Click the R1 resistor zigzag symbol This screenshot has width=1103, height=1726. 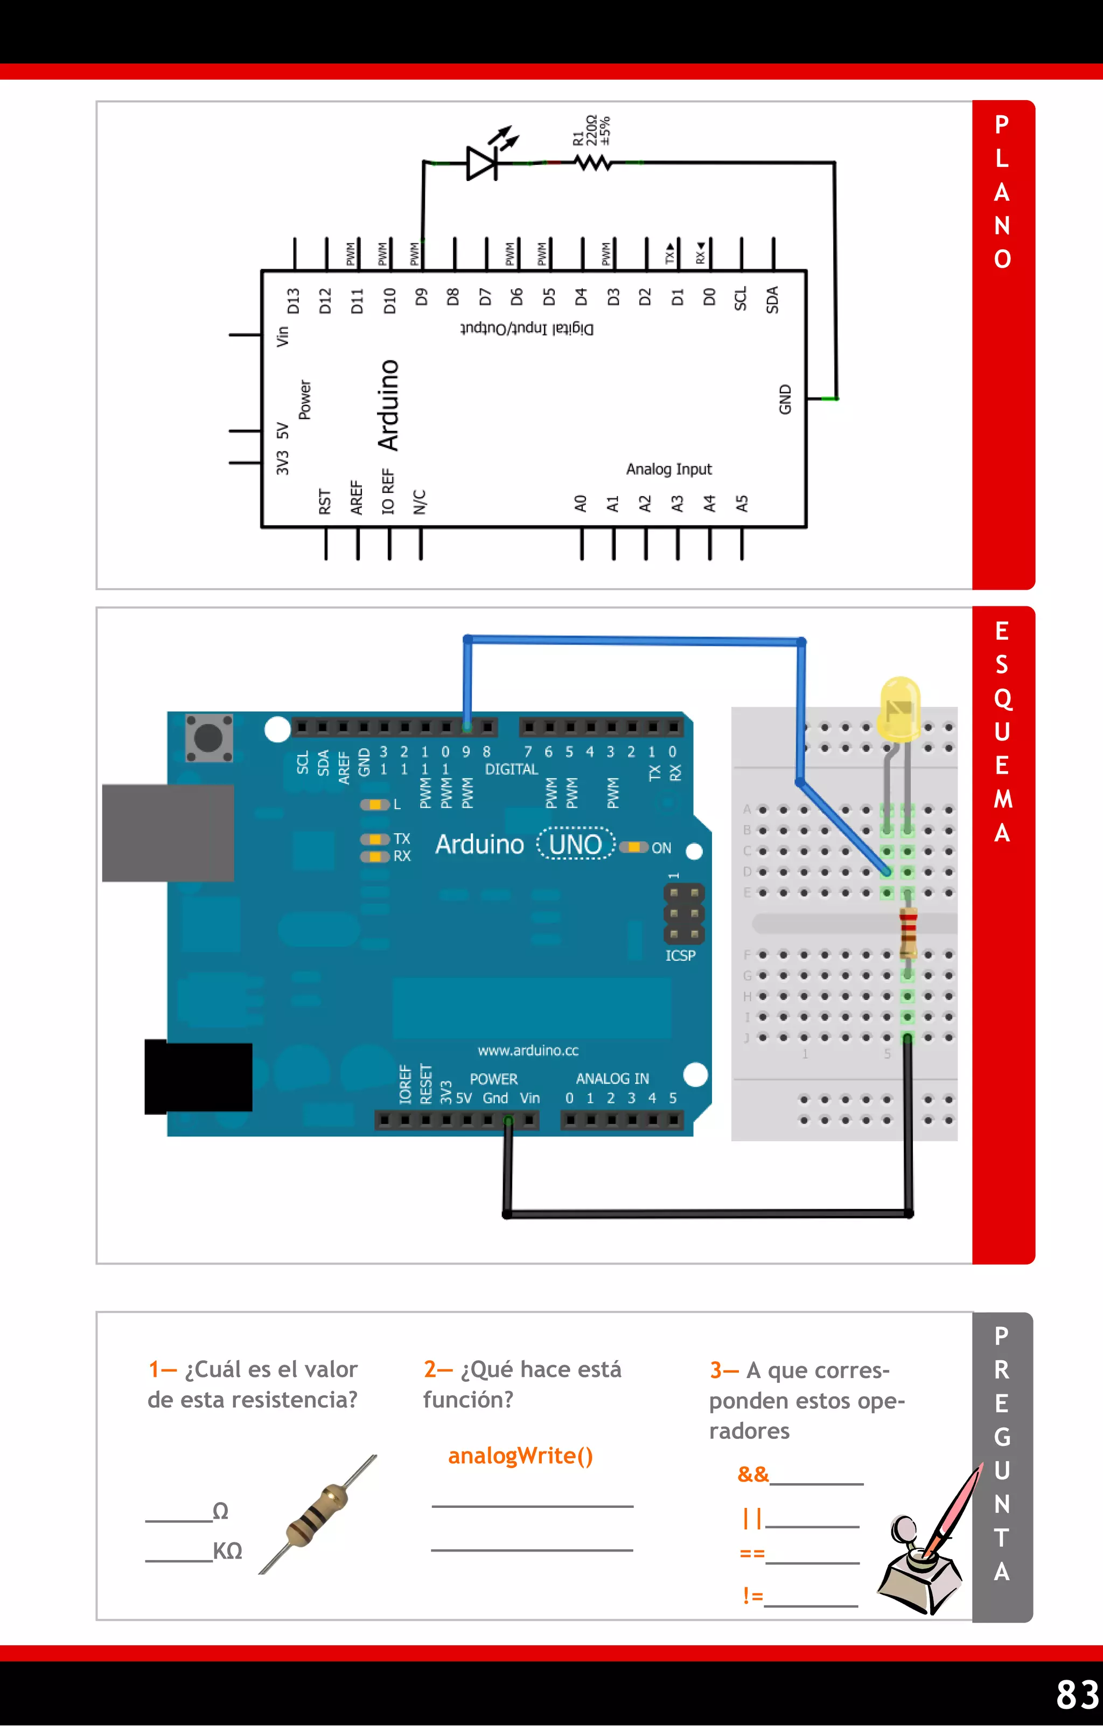pos(594,163)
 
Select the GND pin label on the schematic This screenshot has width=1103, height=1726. pos(785,399)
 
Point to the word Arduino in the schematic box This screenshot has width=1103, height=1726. pos(388,405)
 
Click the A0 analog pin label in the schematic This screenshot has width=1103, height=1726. pos(581,503)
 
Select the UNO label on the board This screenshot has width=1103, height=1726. pos(576,844)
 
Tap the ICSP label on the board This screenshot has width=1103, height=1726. pos(680,955)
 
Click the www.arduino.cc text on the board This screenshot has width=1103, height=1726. pos(528,1050)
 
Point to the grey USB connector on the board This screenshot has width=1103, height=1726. pos(167,832)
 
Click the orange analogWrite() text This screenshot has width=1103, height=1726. pos(520,1455)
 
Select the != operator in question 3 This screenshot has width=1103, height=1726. pos(752,1596)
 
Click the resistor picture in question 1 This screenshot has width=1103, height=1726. pos(318,1514)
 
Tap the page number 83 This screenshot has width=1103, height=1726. pos(1077,1694)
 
